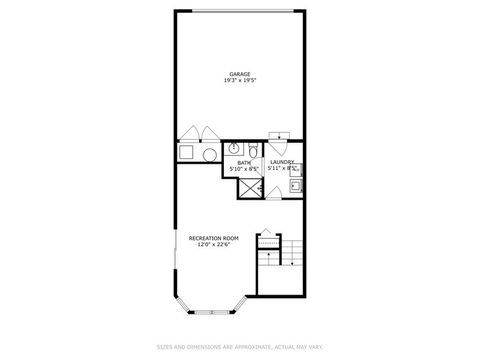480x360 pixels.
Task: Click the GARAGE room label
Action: [239, 73]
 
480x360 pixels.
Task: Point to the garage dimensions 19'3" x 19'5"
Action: [239, 81]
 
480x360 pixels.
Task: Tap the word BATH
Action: [244, 161]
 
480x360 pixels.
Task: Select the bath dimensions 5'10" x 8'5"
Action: [244, 169]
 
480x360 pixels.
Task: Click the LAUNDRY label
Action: [281, 161]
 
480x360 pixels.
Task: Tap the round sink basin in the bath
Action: [231, 150]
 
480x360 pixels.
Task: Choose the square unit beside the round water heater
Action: [186, 152]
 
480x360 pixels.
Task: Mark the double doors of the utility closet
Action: [199, 135]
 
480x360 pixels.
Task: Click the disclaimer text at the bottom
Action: [240, 347]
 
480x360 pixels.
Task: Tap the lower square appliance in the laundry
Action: [296, 184]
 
